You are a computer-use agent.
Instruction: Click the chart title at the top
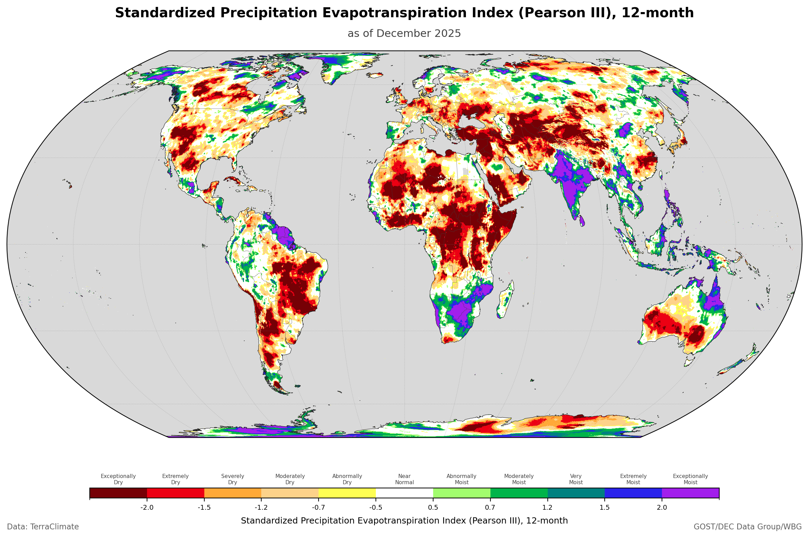(x=404, y=13)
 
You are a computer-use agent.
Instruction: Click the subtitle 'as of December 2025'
(x=404, y=33)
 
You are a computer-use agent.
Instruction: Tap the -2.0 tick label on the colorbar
(x=147, y=507)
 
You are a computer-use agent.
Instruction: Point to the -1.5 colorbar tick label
(x=204, y=507)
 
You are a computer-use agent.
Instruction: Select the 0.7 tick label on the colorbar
(x=490, y=507)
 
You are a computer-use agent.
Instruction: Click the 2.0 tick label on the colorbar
(x=662, y=507)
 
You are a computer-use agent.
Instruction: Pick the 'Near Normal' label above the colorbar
(x=404, y=479)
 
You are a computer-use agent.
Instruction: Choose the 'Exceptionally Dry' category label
(x=118, y=479)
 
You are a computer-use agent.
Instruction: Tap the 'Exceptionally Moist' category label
(x=690, y=479)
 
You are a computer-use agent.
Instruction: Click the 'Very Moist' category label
(x=576, y=479)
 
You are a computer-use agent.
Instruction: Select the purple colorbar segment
(x=690, y=493)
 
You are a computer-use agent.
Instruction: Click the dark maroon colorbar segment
(x=118, y=493)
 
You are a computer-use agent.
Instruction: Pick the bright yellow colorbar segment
(x=347, y=493)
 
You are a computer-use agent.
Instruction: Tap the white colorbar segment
(x=404, y=493)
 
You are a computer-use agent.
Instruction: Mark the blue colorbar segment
(x=633, y=493)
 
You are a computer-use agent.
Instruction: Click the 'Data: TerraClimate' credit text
(x=43, y=527)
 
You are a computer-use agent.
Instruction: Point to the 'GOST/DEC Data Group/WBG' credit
(x=748, y=527)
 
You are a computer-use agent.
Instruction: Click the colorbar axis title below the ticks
(x=404, y=520)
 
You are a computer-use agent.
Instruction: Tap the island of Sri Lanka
(x=582, y=220)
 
